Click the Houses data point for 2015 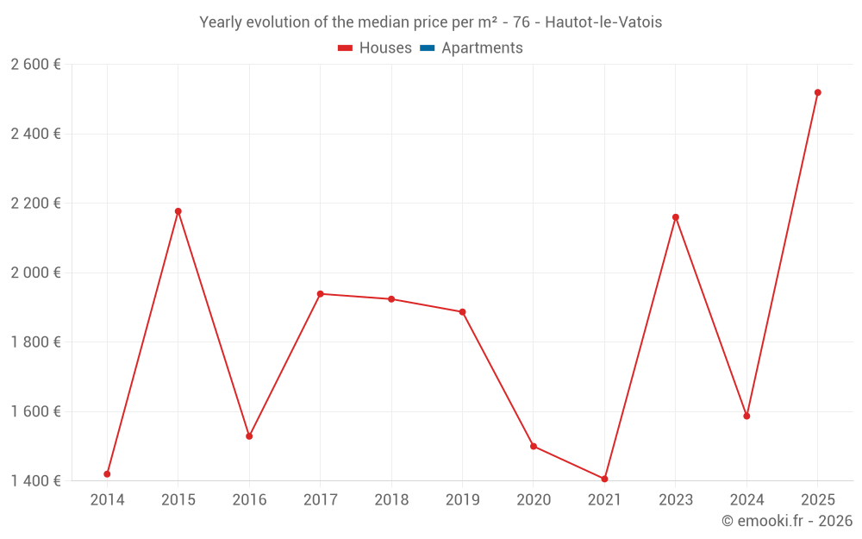pos(178,211)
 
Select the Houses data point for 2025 pos(818,92)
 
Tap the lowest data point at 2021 pos(604,479)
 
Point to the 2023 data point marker pos(676,217)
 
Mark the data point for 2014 pos(107,474)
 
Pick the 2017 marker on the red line pos(320,294)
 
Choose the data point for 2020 pos(534,447)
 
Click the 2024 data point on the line pos(746,417)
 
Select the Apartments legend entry pos(482,48)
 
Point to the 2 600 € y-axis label pos(35,65)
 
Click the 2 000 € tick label pos(35,273)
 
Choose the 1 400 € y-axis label pos(35,480)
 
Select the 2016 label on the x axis pos(249,500)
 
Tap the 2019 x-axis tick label pos(462,500)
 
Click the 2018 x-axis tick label pos(391,500)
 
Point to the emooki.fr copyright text pos(786,521)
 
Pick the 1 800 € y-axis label pos(35,342)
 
